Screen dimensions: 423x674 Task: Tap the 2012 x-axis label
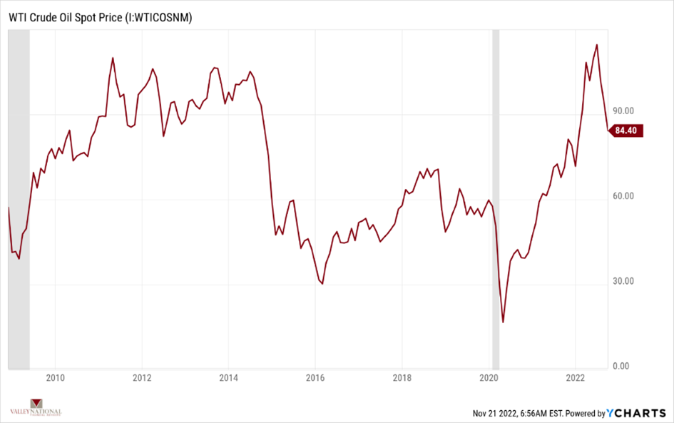[x=142, y=377]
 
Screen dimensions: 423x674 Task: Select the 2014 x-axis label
[x=228, y=377]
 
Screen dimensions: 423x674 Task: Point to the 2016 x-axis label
[x=315, y=377]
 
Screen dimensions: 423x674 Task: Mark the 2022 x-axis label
[x=576, y=377]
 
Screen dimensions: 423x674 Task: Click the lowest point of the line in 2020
[x=503, y=322]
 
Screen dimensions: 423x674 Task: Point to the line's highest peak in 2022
[x=596, y=45]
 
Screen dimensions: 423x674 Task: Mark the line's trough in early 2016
[x=322, y=284]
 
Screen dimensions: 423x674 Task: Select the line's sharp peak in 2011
[x=113, y=58]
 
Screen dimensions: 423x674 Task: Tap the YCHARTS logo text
[x=636, y=413]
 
